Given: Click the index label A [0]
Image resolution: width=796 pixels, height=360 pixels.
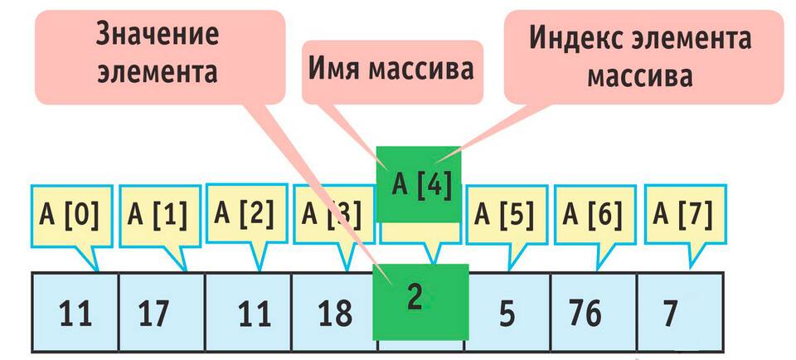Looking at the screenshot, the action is click(x=68, y=216).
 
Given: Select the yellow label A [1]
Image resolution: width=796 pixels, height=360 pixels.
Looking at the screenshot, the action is click(x=158, y=216).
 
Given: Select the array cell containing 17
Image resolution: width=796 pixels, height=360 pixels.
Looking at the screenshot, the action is click(x=162, y=312).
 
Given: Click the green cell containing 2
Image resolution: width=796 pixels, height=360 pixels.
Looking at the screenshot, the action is click(x=420, y=302).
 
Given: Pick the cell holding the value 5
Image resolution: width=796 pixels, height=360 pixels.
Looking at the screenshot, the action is click(x=508, y=312).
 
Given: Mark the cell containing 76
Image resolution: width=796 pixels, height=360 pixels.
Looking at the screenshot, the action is click(x=594, y=312).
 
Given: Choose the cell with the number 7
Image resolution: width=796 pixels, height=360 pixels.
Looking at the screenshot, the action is click(x=680, y=312).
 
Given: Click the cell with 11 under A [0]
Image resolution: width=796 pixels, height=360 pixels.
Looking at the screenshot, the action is click(x=75, y=312).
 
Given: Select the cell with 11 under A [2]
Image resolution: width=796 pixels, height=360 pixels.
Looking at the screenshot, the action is click(x=248, y=312).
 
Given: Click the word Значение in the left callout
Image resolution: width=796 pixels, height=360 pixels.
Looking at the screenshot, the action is click(x=158, y=36).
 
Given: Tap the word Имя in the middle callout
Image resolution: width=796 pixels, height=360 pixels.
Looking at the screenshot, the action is click(x=332, y=71).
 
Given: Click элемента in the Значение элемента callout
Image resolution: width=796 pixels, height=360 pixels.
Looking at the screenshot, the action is click(x=158, y=72).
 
